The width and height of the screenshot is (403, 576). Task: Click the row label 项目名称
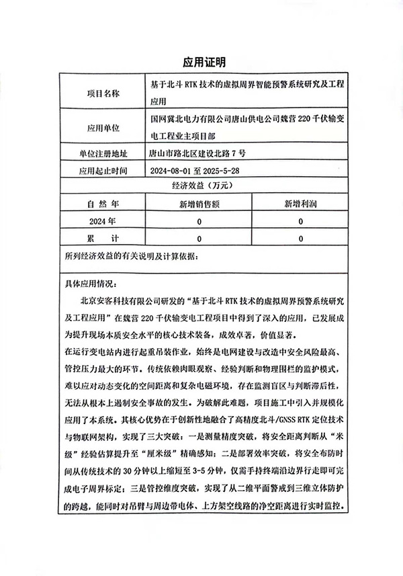click(x=103, y=93)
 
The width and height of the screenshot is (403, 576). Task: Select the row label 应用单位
click(x=103, y=127)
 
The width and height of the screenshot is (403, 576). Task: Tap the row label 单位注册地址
click(x=103, y=153)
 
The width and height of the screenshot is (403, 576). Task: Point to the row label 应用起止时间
click(x=103, y=170)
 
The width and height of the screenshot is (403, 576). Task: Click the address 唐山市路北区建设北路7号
click(x=201, y=153)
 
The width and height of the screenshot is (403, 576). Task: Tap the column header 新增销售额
click(x=199, y=204)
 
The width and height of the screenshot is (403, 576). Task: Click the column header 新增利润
click(x=300, y=204)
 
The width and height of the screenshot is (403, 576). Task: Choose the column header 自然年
click(x=103, y=204)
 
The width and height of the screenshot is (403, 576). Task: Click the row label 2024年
click(x=103, y=221)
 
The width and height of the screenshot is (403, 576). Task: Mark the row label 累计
click(x=103, y=239)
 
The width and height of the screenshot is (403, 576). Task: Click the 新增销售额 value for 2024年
click(x=199, y=221)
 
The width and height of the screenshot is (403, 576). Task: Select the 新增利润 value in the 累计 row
click(x=300, y=239)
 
